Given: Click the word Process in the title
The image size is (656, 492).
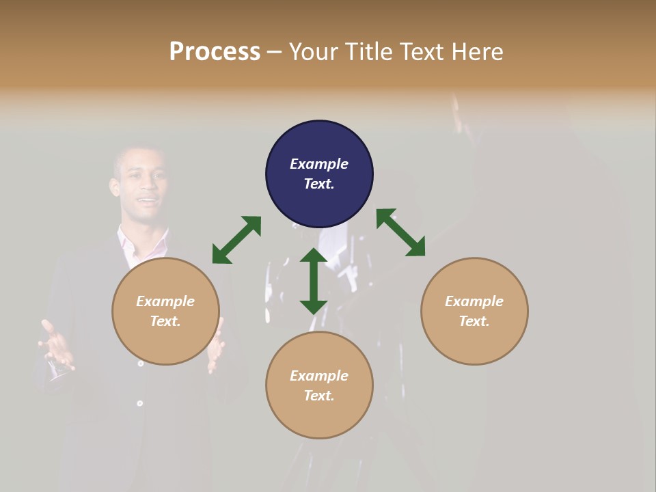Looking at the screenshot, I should (215, 52).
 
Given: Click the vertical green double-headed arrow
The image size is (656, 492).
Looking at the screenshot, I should (314, 281).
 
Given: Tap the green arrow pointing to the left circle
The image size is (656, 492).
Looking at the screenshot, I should (236, 240).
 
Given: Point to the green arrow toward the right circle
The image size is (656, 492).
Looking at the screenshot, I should (400, 232).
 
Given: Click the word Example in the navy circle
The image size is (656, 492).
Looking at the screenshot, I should (319, 164).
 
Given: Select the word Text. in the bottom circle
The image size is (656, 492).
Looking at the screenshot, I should (319, 396).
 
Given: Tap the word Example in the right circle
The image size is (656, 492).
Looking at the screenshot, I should (474, 301).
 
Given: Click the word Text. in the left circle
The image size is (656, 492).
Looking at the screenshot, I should (165, 321).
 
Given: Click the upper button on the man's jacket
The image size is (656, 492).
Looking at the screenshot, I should (141, 364).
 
